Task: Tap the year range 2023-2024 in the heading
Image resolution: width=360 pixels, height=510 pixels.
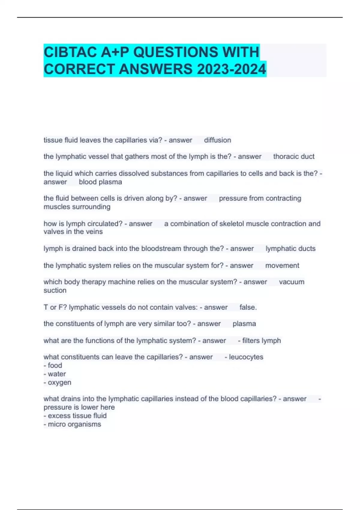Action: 231,69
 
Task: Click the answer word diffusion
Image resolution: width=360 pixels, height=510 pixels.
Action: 217,140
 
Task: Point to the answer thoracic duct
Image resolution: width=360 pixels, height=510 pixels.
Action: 294,157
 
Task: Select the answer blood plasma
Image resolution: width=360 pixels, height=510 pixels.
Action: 100,182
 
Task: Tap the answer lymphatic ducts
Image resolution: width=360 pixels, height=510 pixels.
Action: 290,249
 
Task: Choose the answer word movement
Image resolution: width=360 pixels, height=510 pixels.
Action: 282,265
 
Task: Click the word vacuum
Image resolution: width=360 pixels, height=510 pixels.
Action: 291,282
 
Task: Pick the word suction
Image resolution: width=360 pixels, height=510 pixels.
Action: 55,290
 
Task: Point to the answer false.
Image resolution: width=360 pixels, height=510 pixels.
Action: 248,307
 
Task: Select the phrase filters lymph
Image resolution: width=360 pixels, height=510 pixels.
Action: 261,341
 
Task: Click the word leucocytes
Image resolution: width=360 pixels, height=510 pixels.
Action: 246,357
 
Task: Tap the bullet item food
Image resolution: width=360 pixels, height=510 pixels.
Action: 55,365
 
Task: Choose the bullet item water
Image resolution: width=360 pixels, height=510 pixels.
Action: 57,374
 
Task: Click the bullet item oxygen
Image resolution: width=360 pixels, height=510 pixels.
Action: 59,382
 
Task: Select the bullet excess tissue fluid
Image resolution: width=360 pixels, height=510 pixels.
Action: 77,416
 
